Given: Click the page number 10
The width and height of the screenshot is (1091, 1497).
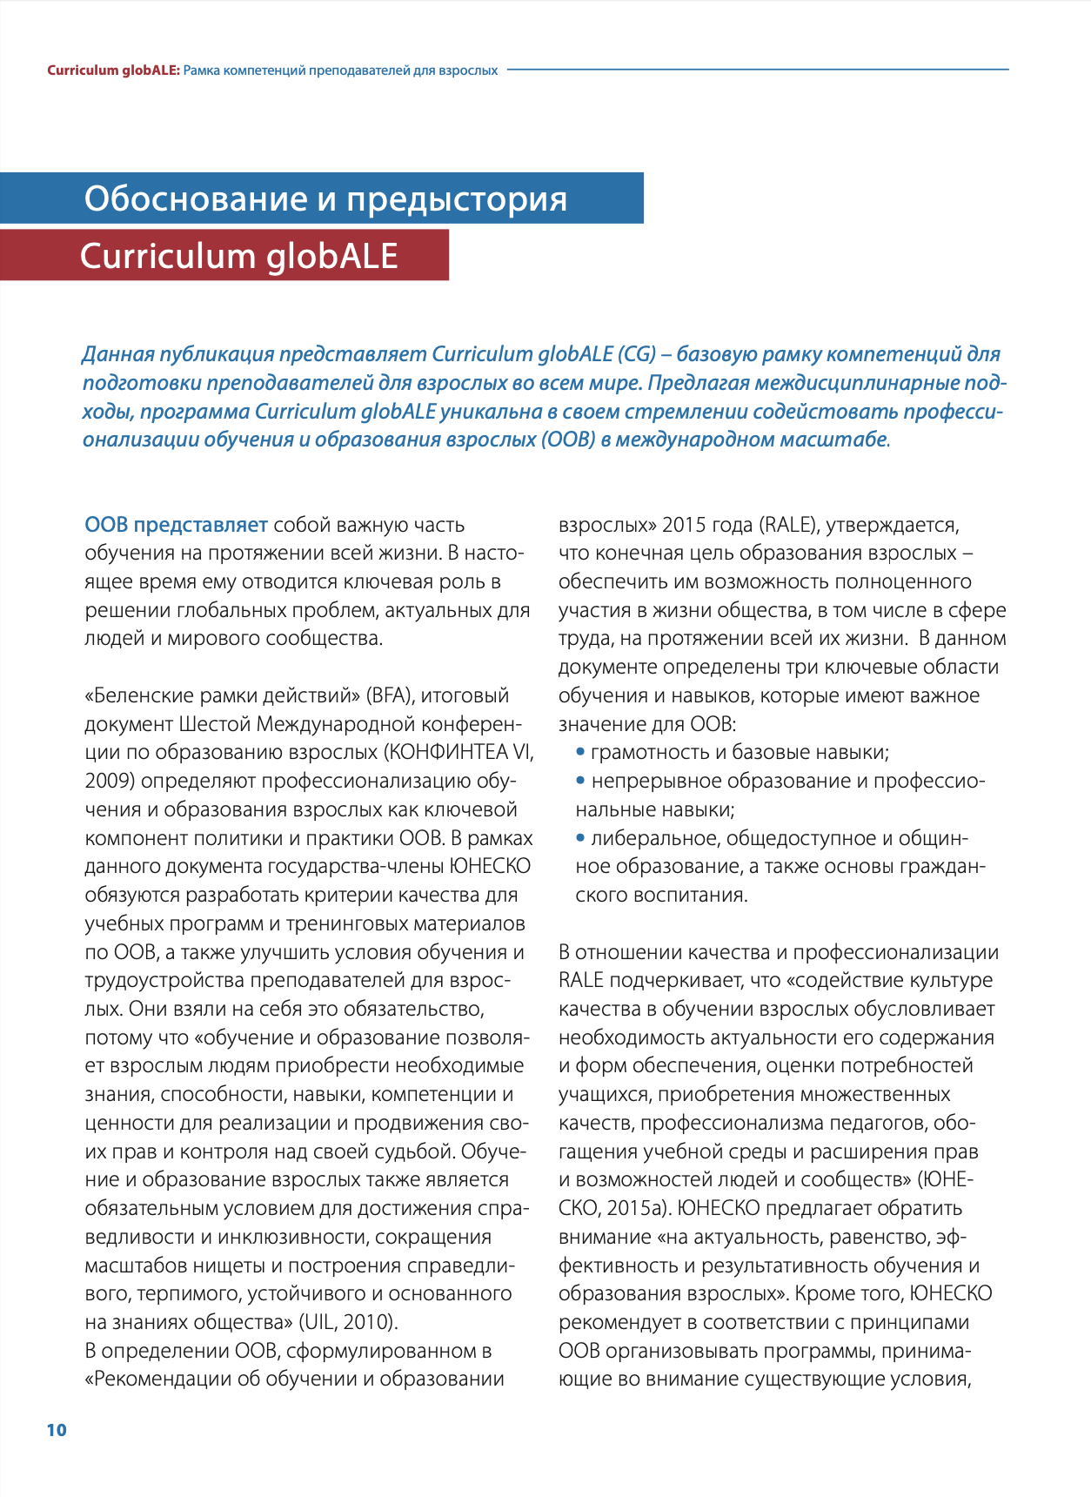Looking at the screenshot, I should coord(57,1430).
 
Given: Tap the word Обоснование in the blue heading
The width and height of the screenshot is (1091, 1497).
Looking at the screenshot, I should coord(196,199).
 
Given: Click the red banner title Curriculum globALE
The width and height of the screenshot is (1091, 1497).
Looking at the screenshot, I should coord(239,256).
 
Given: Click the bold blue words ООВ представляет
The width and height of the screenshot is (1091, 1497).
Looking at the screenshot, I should coord(176,525).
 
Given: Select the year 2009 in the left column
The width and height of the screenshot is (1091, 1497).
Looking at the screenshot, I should coord(108,781).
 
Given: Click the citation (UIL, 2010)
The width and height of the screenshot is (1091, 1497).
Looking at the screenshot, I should coord(348,1322).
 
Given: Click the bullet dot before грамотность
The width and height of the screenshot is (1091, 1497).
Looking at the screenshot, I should coord(581,752).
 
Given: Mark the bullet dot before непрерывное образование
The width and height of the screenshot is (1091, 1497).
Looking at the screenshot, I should coord(581,781).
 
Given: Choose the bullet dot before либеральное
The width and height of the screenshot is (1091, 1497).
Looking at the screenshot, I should coord(581,838).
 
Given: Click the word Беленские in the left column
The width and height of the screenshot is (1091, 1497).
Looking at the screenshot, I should coord(141,695).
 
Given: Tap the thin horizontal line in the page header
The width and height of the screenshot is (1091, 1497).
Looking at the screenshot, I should coord(757,70).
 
